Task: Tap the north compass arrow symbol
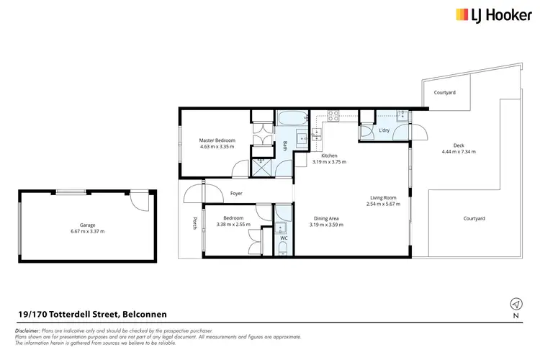[515, 303]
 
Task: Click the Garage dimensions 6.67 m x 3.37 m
[88, 231]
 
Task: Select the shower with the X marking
[261, 167]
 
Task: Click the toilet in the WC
[283, 249]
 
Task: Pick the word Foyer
[236, 193]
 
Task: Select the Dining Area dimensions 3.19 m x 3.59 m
[328, 225]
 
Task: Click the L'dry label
[384, 130]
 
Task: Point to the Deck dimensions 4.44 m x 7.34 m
[459, 152]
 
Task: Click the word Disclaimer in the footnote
[29, 330]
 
